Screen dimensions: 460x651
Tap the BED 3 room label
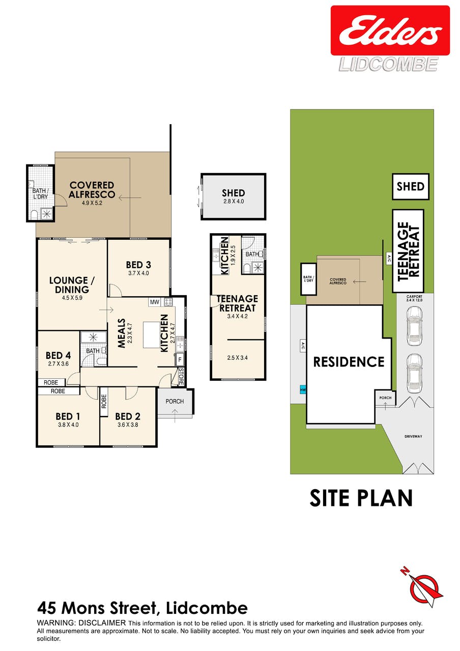pyautogui.click(x=138, y=265)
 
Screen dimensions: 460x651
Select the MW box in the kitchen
pyautogui.click(x=154, y=302)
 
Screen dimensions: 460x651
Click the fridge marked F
pyautogui.click(x=180, y=360)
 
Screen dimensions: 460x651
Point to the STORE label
pyautogui.click(x=181, y=377)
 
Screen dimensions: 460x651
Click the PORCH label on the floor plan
pyautogui.click(x=175, y=402)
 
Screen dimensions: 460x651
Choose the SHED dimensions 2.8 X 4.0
pyautogui.click(x=234, y=201)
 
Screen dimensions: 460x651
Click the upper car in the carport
pyautogui.click(x=414, y=326)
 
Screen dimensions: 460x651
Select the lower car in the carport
pyautogui.click(x=414, y=373)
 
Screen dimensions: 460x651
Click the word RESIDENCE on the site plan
pyautogui.click(x=349, y=362)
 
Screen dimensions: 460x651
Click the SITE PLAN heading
pyautogui.click(x=361, y=498)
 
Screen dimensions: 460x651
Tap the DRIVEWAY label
pyautogui.click(x=413, y=436)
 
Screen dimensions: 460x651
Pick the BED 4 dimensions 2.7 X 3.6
pyautogui.click(x=58, y=363)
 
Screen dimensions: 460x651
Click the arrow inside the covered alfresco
pyautogui.click(x=130, y=198)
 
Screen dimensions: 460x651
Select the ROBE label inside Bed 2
pyautogui.click(x=104, y=402)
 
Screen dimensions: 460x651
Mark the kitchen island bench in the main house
pyautogui.click(x=152, y=334)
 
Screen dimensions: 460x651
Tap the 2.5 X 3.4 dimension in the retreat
pyautogui.click(x=238, y=358)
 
